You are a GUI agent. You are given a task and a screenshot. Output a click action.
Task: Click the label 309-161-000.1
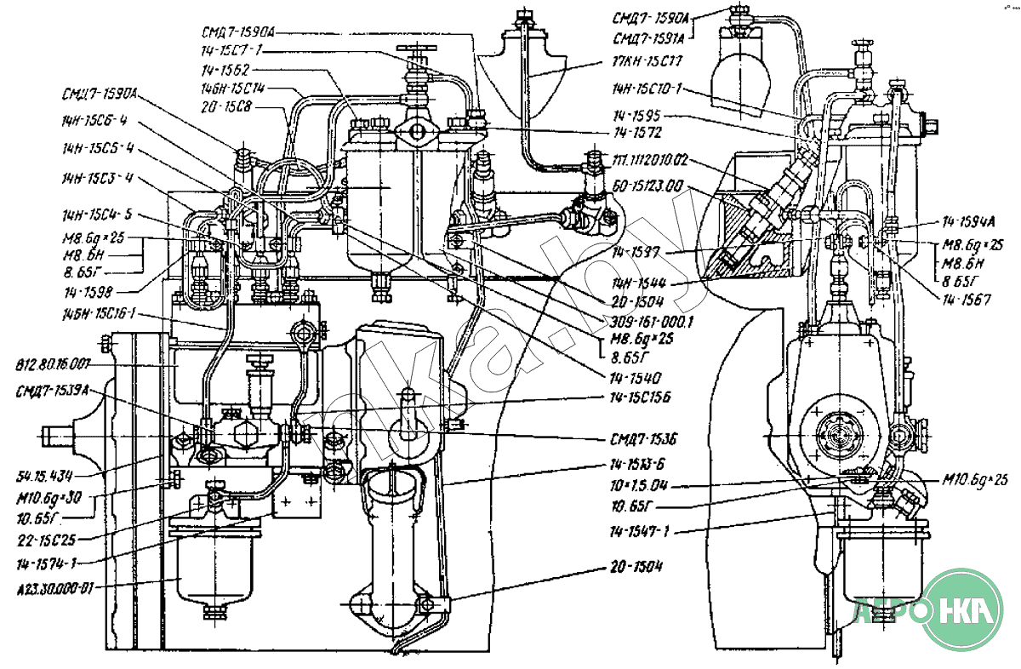click(x=641, y=323)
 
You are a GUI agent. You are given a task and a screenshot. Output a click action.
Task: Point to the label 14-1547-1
click(x=641, y=532)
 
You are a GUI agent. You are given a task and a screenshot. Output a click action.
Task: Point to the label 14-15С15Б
click(x=642, y=397)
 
